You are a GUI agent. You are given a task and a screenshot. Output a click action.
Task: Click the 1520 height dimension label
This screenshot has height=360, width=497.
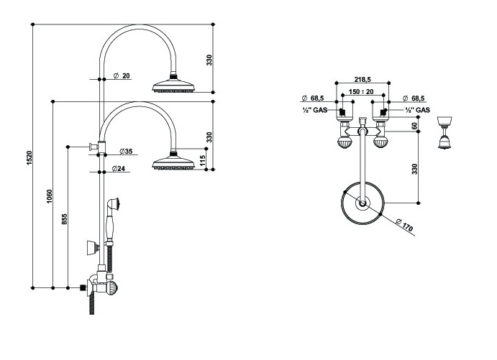[x=29, y=157]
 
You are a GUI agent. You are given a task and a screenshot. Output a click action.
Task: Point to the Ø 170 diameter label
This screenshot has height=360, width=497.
[x=408, y=228]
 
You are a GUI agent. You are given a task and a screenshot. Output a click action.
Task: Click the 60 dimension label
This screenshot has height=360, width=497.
[x=414, y=126]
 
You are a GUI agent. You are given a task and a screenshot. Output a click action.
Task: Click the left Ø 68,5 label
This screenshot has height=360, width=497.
[x=315, y=98]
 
